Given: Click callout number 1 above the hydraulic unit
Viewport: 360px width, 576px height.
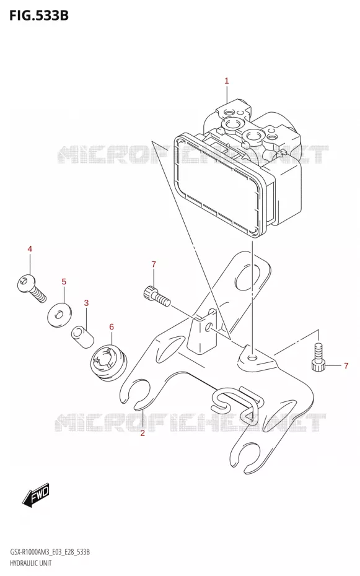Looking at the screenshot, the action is (x=227, y=81).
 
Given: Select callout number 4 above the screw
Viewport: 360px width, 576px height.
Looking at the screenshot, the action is (x=30, y=249).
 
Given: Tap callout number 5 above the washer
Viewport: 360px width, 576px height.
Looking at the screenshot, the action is (x=64, y=282).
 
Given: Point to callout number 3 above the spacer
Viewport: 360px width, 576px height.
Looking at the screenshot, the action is (x=86, y=303).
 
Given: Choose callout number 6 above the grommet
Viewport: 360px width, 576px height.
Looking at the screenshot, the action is (x=112, y=327).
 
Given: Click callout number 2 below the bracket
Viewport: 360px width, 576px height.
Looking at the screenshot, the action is (x=143, y=433).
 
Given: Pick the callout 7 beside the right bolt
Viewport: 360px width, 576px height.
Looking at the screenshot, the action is (x=346, y=365).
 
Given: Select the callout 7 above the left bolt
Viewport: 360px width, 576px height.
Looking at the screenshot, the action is (x=154, y=264).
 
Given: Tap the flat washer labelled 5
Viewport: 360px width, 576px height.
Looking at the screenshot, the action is (x=59, y=314).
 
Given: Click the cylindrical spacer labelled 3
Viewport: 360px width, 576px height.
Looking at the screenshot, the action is (x=82, y=336).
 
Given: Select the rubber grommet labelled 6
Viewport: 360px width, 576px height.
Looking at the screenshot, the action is (x=108, y=362).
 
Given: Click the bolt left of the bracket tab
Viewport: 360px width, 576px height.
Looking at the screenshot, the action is (x=156, y=295).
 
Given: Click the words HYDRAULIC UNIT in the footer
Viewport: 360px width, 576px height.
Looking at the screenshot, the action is (x=31, y=563).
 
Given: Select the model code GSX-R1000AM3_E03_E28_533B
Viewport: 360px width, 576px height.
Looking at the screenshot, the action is (x=50, y=552).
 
